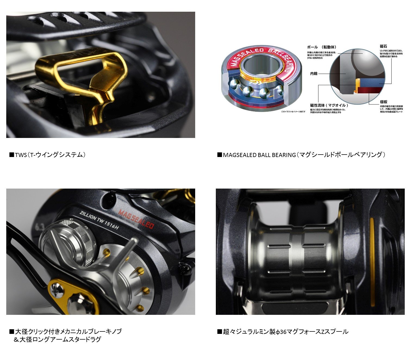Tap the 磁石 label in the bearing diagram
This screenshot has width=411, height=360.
[383, 47]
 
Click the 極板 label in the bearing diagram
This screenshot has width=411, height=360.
[384, 102]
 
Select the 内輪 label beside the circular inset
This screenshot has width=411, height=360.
[314, 73]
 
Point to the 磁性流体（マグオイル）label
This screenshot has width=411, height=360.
[329, 105]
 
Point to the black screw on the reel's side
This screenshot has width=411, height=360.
[188, 268]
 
